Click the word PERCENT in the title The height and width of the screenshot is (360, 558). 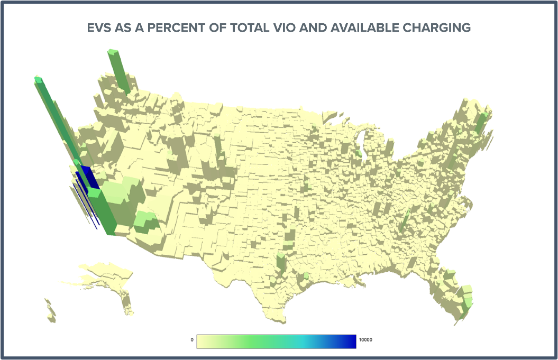(x=176, y=27)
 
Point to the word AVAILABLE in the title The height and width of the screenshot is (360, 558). (x=364, y=27)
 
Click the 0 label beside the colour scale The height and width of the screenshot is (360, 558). (x=192, y=340)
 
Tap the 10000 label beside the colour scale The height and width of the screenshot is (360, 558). (x=366, y=340)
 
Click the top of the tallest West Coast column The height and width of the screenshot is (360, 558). (x=38, y=80)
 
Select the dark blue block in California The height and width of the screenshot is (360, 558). (x=88, y=177)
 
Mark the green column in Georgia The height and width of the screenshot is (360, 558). (x=406, y=219)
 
